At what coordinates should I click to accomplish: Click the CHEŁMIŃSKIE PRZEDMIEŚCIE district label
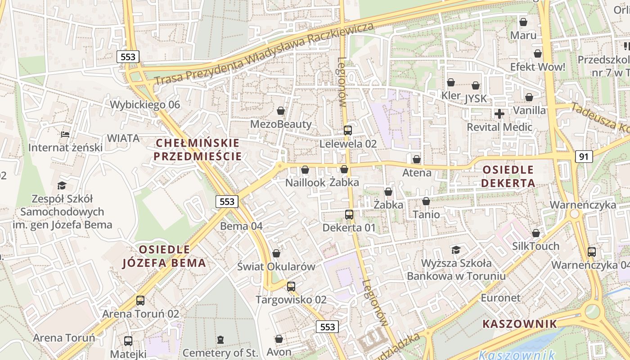198,150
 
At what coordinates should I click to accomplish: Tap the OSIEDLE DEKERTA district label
508,176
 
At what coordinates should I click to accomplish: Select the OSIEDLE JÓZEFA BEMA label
164,256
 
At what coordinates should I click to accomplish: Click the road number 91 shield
584,157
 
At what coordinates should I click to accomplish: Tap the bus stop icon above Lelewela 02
348,130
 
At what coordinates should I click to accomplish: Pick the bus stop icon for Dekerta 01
349,215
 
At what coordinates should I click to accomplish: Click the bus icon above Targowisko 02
291,286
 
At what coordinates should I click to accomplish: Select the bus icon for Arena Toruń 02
140,300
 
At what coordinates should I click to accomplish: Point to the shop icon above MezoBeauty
281,111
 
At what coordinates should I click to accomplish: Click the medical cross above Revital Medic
499,114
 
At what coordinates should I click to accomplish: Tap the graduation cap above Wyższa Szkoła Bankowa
456,250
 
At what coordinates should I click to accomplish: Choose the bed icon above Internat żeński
65,134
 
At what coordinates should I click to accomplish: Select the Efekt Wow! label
537,67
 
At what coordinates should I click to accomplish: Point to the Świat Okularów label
276,266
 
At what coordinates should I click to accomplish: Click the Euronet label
500,298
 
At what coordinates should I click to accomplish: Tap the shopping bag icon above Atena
417,159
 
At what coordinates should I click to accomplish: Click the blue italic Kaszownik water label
517,355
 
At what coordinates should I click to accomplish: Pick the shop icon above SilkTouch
535,233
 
